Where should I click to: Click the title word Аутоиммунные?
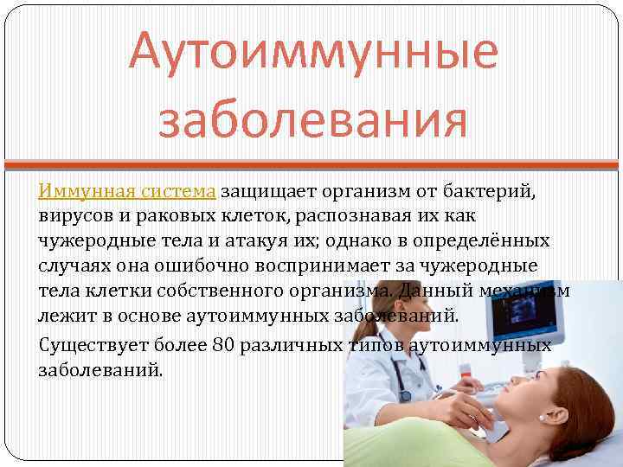pos(313,52)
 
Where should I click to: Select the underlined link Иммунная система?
pos(128,190)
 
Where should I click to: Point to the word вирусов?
pos(73,214)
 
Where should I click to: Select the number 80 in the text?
pos(223,345)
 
